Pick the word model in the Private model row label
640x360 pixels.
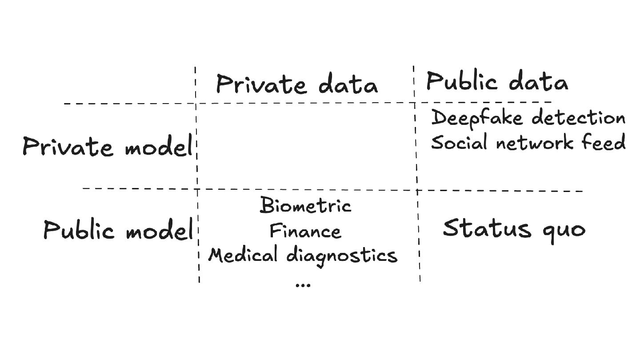(157, 148)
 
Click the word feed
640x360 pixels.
(608, 143)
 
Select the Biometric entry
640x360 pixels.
(306, 206)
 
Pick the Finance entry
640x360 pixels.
(305, 231)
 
